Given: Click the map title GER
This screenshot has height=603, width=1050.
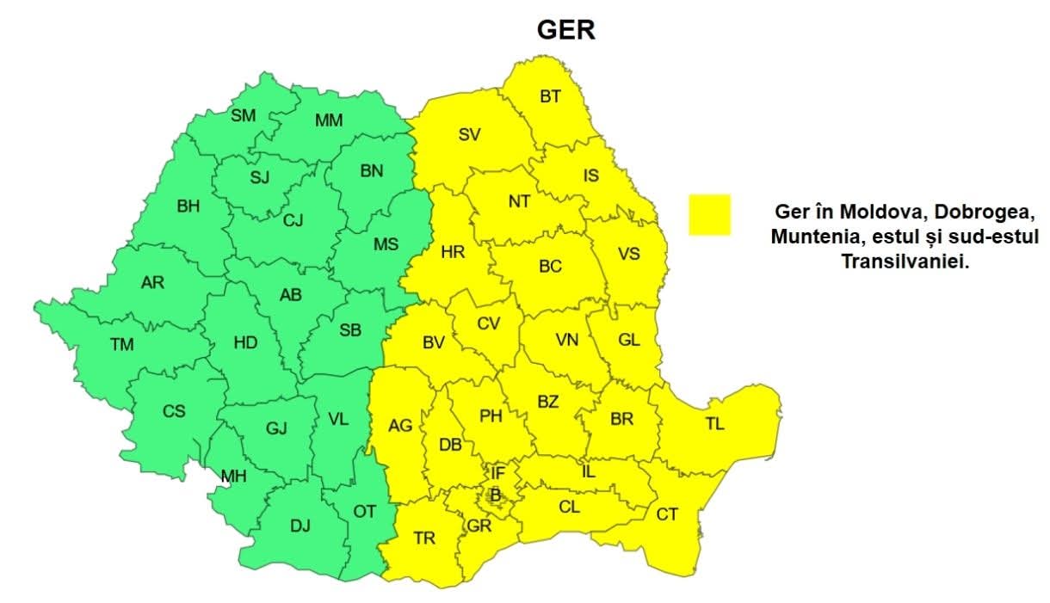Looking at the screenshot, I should tap(566, 30).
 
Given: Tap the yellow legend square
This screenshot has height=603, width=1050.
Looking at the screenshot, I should tap(709, 214).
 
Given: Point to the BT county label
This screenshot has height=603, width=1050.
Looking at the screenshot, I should tap(550, 96).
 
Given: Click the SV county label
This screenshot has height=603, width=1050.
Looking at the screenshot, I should tap(469, 133).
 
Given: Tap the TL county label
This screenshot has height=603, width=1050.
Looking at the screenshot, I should tap(714, 424).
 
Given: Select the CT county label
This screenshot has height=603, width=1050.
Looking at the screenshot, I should tap(667, 514).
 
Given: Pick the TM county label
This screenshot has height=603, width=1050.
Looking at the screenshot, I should tap(122, 345).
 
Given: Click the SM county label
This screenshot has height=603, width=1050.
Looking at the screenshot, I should tap(243, 115).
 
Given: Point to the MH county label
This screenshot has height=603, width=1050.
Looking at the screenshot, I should tap(232, 476).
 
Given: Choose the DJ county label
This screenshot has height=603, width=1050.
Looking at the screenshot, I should tap(300, 526).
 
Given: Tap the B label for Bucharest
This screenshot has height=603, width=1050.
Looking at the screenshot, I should tap(495, 495).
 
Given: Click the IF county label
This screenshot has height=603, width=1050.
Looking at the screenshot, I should tap(497, 472).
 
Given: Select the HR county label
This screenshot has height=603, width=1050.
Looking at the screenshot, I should tap(452, 252).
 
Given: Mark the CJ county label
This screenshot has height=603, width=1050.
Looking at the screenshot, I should tap(293, 220).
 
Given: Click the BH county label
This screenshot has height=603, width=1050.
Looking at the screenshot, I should tap(188, 206).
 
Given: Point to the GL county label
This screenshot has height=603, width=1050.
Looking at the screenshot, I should tap(629, 340).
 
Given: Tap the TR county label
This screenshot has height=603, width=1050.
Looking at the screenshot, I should tap(424, 538).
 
